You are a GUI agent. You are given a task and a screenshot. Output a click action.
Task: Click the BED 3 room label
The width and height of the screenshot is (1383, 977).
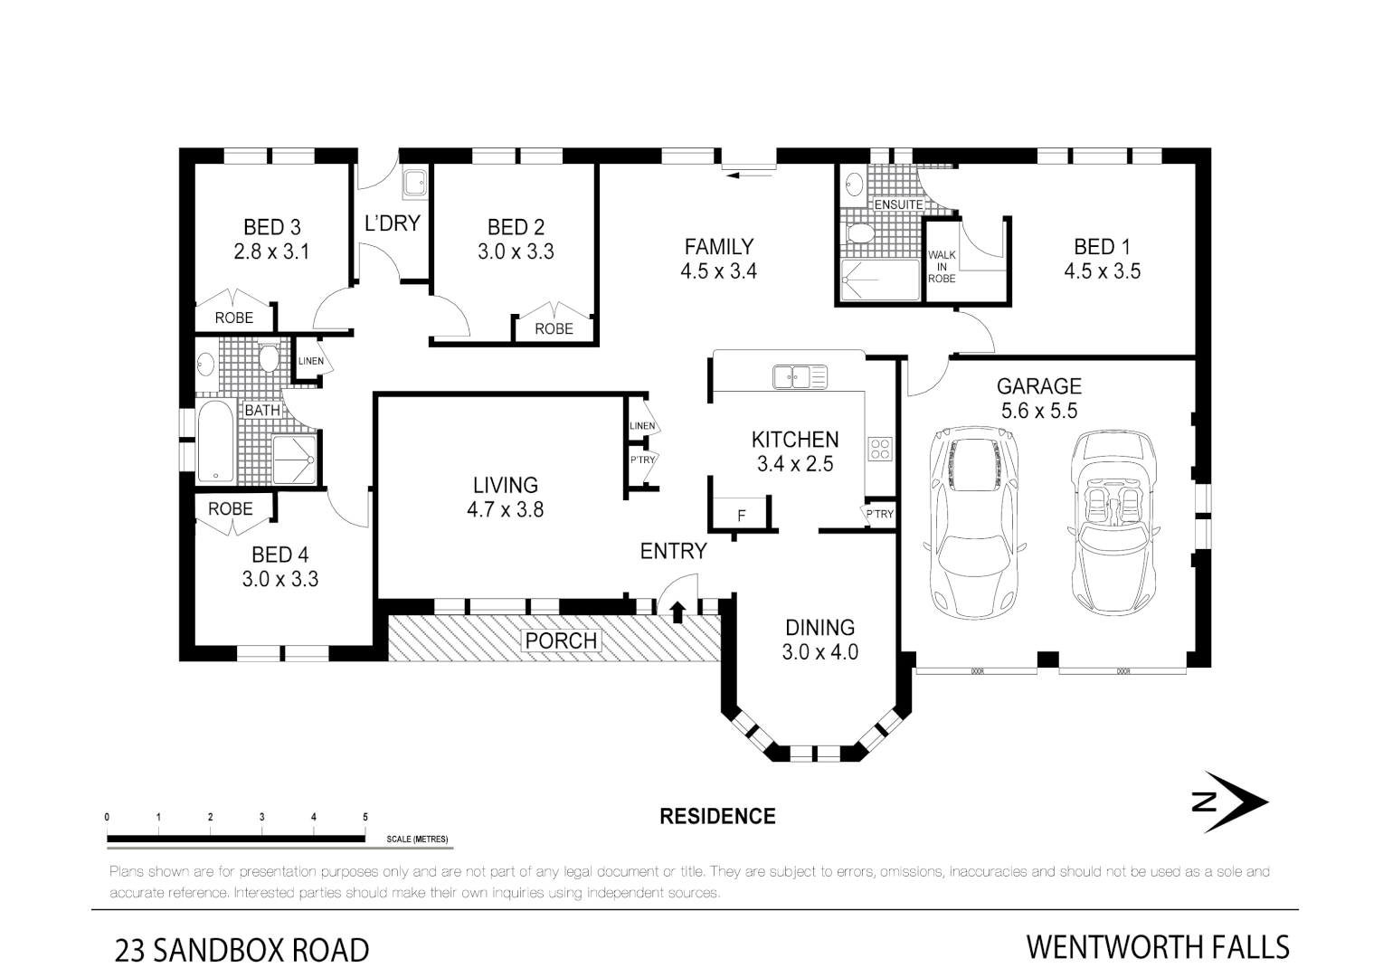(x=271, y=227)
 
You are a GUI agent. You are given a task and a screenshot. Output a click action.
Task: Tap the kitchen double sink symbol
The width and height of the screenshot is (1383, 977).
(x=799, y=375)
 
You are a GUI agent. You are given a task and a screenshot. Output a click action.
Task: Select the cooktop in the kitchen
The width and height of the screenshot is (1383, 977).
(x=880, y=450)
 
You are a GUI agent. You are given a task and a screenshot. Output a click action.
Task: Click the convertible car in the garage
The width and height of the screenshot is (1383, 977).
(x=1113, y=520)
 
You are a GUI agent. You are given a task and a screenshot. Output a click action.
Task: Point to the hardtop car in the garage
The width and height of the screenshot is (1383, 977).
(x=972, y=520)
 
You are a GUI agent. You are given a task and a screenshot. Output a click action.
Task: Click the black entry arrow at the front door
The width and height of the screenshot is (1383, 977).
(x=677, y=612)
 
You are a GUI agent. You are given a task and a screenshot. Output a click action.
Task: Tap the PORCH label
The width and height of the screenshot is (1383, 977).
(x=561, y=640)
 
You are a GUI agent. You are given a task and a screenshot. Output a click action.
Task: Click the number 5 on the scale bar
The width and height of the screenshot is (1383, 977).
(x=365, y=817)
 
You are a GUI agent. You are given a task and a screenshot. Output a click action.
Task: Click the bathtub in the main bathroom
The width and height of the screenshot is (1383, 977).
(x=215, y=441)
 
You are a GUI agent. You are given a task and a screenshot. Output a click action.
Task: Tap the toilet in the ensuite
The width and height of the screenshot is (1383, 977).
(x=857, y=234)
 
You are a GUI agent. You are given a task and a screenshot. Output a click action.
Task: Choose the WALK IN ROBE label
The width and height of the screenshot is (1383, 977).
(x=942, y=267)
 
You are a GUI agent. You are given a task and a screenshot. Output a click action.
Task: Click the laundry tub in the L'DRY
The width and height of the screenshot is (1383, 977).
(x=415, y=183)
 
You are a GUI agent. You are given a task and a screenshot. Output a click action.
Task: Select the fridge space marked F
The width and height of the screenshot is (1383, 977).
(x=742, y=516)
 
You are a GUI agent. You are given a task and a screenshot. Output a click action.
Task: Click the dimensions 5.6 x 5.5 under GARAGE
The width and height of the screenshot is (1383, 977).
(x=1038, y=411)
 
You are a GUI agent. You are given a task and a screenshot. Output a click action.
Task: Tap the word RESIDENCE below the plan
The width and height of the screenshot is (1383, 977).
(x=717, y=816)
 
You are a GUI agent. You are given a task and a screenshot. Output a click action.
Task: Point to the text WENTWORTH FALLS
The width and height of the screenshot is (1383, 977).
(x=1157, y=947)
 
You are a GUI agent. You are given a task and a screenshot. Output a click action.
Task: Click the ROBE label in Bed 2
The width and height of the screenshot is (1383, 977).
(x=554, y=328)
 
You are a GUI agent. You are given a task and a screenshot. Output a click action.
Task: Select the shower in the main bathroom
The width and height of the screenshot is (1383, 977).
(x=295, y=459)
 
